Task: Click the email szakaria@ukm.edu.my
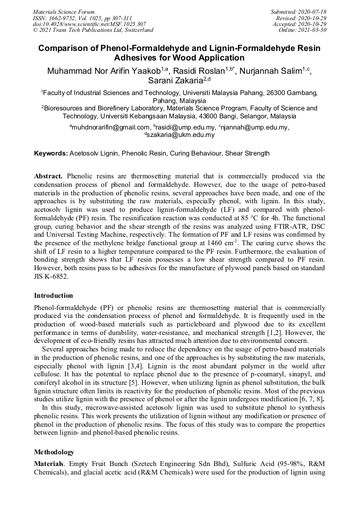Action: pyautogui.click(x=181, y=135)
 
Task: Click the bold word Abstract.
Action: pyautogui.click(x=48, y=176)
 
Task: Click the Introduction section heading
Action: pyautogui.click(x=54, y=296)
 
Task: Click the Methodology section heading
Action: pyautogui.click(x=54, y=452)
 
